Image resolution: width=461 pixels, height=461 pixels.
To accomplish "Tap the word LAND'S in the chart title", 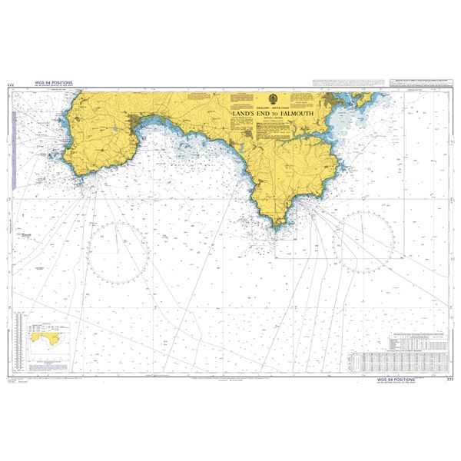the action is click(x=243, y=114).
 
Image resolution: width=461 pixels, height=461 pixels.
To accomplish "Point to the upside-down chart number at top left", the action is click(x=10, y=84).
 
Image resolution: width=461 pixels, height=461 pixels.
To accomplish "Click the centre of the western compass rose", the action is click(x=117, y=251).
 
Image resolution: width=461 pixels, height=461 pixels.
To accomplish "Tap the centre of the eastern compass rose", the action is click(x=363, y=241).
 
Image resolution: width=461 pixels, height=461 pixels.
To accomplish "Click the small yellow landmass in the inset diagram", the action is click(x=44, y=337).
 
